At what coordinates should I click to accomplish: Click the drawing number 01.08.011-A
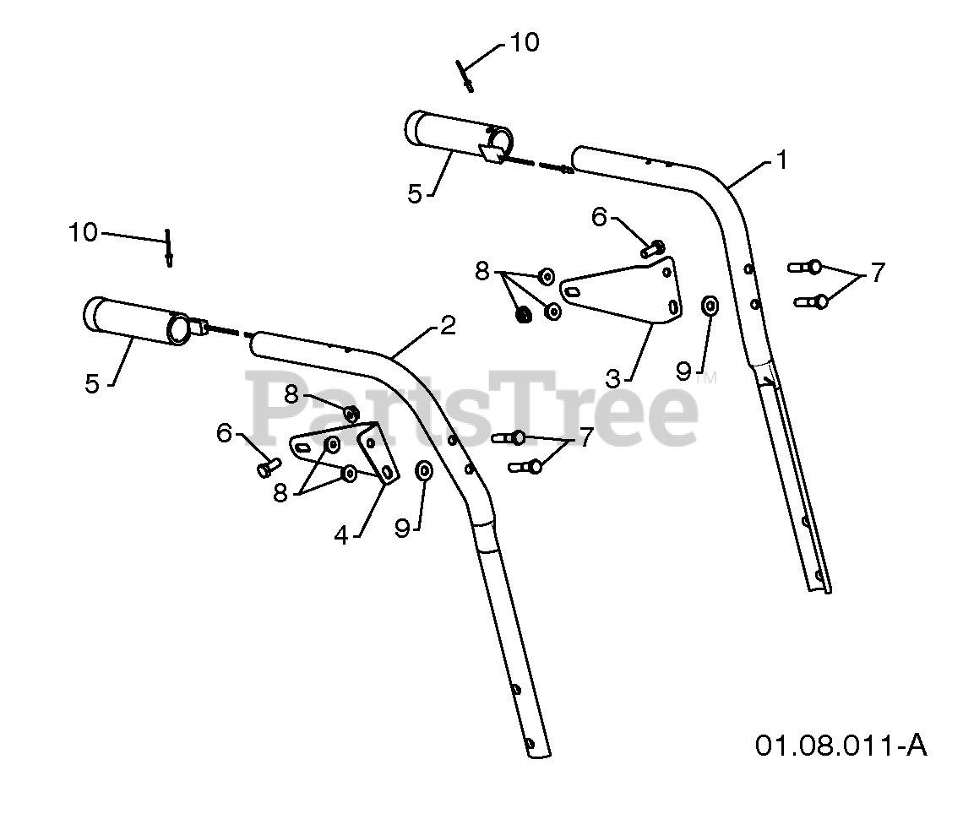click(841, 746)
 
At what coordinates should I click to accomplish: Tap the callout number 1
click(781, 160)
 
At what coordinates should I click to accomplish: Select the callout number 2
click(448, 325)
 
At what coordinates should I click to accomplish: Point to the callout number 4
click(341, 534)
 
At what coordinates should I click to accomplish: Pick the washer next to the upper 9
click(710, 305)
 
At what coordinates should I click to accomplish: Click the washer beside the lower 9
click(424, 470)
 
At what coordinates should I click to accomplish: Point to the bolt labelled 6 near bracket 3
click(653, 248)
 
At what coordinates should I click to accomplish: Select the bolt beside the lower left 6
click(266, 465)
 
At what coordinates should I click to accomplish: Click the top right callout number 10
click(525, 42)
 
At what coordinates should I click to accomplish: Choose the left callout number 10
click(84, 232)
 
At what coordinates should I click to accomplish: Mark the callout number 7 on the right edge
click(878, 273)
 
